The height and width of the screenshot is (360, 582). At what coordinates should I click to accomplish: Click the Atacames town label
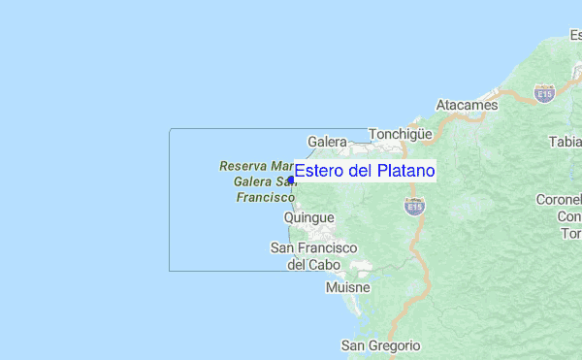(468, 105)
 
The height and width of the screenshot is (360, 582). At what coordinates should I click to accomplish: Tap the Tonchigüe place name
(400, 135)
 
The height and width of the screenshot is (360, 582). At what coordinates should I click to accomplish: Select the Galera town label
(327, 142)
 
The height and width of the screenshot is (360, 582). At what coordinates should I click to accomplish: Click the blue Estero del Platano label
(365, 171)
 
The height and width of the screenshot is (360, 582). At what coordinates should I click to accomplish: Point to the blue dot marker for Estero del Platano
(291, 180)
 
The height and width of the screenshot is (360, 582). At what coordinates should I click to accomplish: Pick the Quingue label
(308, 217)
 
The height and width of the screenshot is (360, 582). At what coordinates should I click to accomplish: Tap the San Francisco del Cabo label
(313, 256)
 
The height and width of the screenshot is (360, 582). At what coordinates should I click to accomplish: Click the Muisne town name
(348, 288)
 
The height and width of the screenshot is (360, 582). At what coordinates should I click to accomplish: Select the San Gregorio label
(381, 345)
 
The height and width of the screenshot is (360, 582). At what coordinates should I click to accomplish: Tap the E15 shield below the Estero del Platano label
(415, 207)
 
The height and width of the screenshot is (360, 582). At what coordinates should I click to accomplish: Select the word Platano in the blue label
(405, 171)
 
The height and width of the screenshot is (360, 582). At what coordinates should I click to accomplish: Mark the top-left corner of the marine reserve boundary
(170, 129)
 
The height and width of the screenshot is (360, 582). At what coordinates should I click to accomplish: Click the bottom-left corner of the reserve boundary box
(170, 271)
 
